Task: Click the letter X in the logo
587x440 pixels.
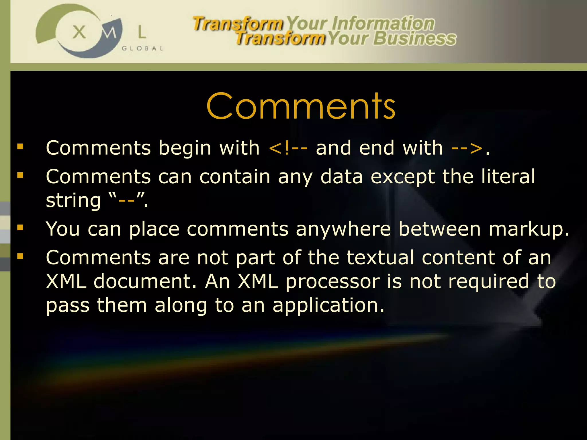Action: [x=79, y=32]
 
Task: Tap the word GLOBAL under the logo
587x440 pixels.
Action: [x=142, y=48]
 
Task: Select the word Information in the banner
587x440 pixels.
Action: [x=383, y=23]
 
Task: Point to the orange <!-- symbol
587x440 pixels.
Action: [x=288, y=148]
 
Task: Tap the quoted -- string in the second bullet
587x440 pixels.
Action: [x=126, y=201]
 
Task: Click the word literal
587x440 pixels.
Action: [x=508, y=176]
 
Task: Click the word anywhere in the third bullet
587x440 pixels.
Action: [x=343, y=229]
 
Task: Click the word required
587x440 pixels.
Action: [x=488, y=282]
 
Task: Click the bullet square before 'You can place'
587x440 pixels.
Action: [x=20, y=228]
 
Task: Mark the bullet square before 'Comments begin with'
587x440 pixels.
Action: [x=20, y=147]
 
